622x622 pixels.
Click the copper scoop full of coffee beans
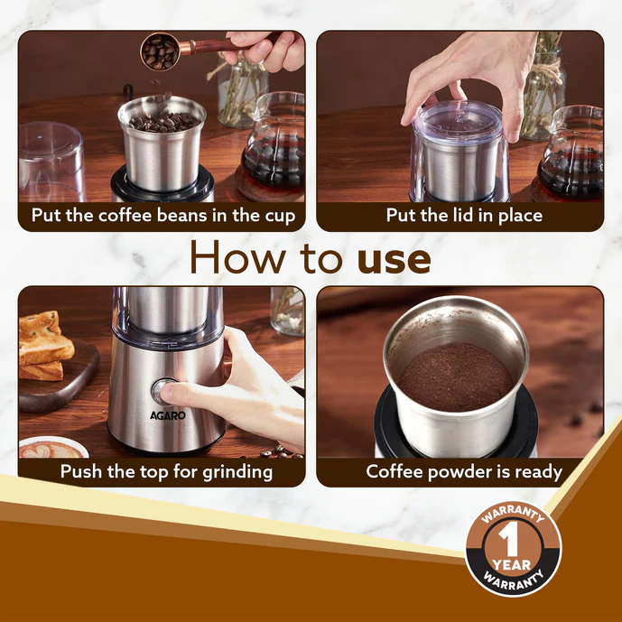tap(160, 51)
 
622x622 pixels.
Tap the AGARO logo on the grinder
tap(168, 415)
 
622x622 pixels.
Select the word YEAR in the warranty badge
tap(511, 564)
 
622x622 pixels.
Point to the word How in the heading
tap(238, 256)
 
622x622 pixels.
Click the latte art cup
tap(52, 448)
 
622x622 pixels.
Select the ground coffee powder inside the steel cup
tap(456, 376)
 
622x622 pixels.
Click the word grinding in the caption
tap(237, 472)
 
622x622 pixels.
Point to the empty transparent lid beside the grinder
tap(51, 162)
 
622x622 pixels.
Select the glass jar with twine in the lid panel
tap(543, 88)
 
